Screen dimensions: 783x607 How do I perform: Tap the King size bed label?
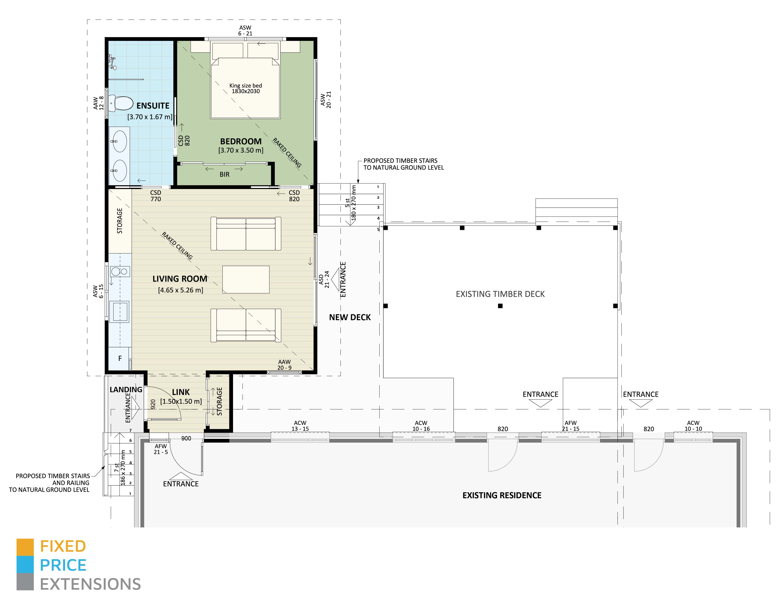(246, 88)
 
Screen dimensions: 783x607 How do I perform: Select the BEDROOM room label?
(241, 141)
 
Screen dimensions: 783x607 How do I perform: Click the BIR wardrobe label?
(225, 174)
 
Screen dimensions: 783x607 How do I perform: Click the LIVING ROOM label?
(180, 279)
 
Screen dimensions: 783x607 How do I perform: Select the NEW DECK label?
(350, 317)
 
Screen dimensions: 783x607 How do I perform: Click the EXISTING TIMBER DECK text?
(500, 294)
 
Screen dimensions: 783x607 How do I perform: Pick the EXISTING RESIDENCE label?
(502, 495)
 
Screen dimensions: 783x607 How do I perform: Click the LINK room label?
(181, 392)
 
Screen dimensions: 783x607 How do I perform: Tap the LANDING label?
(126, 390)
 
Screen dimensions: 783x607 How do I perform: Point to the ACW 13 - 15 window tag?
(300, 426)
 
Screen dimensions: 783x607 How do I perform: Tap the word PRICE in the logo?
(63, 565)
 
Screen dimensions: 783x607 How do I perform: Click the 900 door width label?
(186, 438)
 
